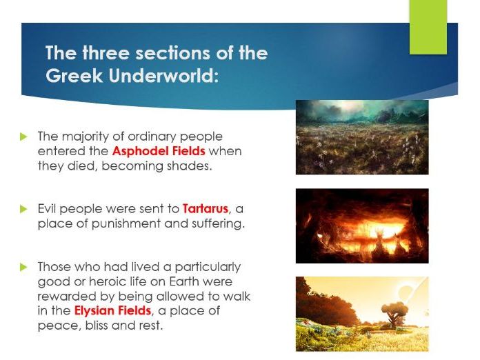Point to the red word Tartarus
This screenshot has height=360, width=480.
[206, 209]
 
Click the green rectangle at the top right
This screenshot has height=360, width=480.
[428, 27]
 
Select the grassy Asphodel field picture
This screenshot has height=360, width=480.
[362, 137]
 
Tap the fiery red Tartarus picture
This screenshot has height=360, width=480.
[362, 226]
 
